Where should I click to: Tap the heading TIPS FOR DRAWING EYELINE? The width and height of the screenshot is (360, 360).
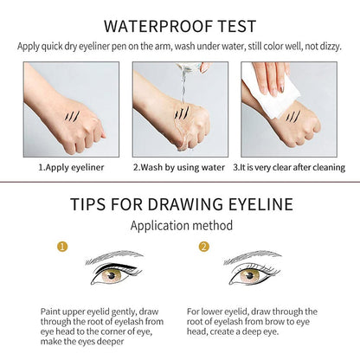pos(180,203)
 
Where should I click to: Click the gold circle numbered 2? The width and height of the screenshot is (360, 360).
pos(204,247)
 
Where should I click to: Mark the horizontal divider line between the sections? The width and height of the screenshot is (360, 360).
pos(180,182)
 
